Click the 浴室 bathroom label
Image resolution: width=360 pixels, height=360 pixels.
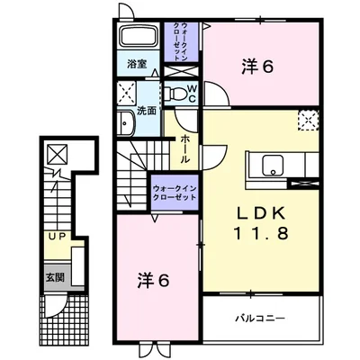[137, 64]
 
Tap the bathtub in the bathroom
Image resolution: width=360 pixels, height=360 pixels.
[139, 35]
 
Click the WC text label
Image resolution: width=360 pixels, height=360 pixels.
[192, 94]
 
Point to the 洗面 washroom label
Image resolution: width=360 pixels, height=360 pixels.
[147, 111]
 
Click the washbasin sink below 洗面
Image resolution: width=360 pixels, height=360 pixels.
[126, 123]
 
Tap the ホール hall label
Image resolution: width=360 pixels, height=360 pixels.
[184, 149]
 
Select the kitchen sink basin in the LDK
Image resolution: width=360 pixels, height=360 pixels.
[273, 166]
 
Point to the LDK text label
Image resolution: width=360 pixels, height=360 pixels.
[260, 214]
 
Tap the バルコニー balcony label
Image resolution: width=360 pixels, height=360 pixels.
[260, 318]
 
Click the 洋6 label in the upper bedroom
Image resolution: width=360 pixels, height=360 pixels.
[257, 67]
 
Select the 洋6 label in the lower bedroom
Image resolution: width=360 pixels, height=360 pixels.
[154, 281]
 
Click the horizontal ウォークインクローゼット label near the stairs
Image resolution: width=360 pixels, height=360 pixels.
[175, 193]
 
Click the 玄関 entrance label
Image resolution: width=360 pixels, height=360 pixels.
[55, 277]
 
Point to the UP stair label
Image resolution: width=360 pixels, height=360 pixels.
[57, 237]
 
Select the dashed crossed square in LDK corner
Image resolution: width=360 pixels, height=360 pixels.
[308, 120]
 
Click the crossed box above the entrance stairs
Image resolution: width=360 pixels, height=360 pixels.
[58, 154]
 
